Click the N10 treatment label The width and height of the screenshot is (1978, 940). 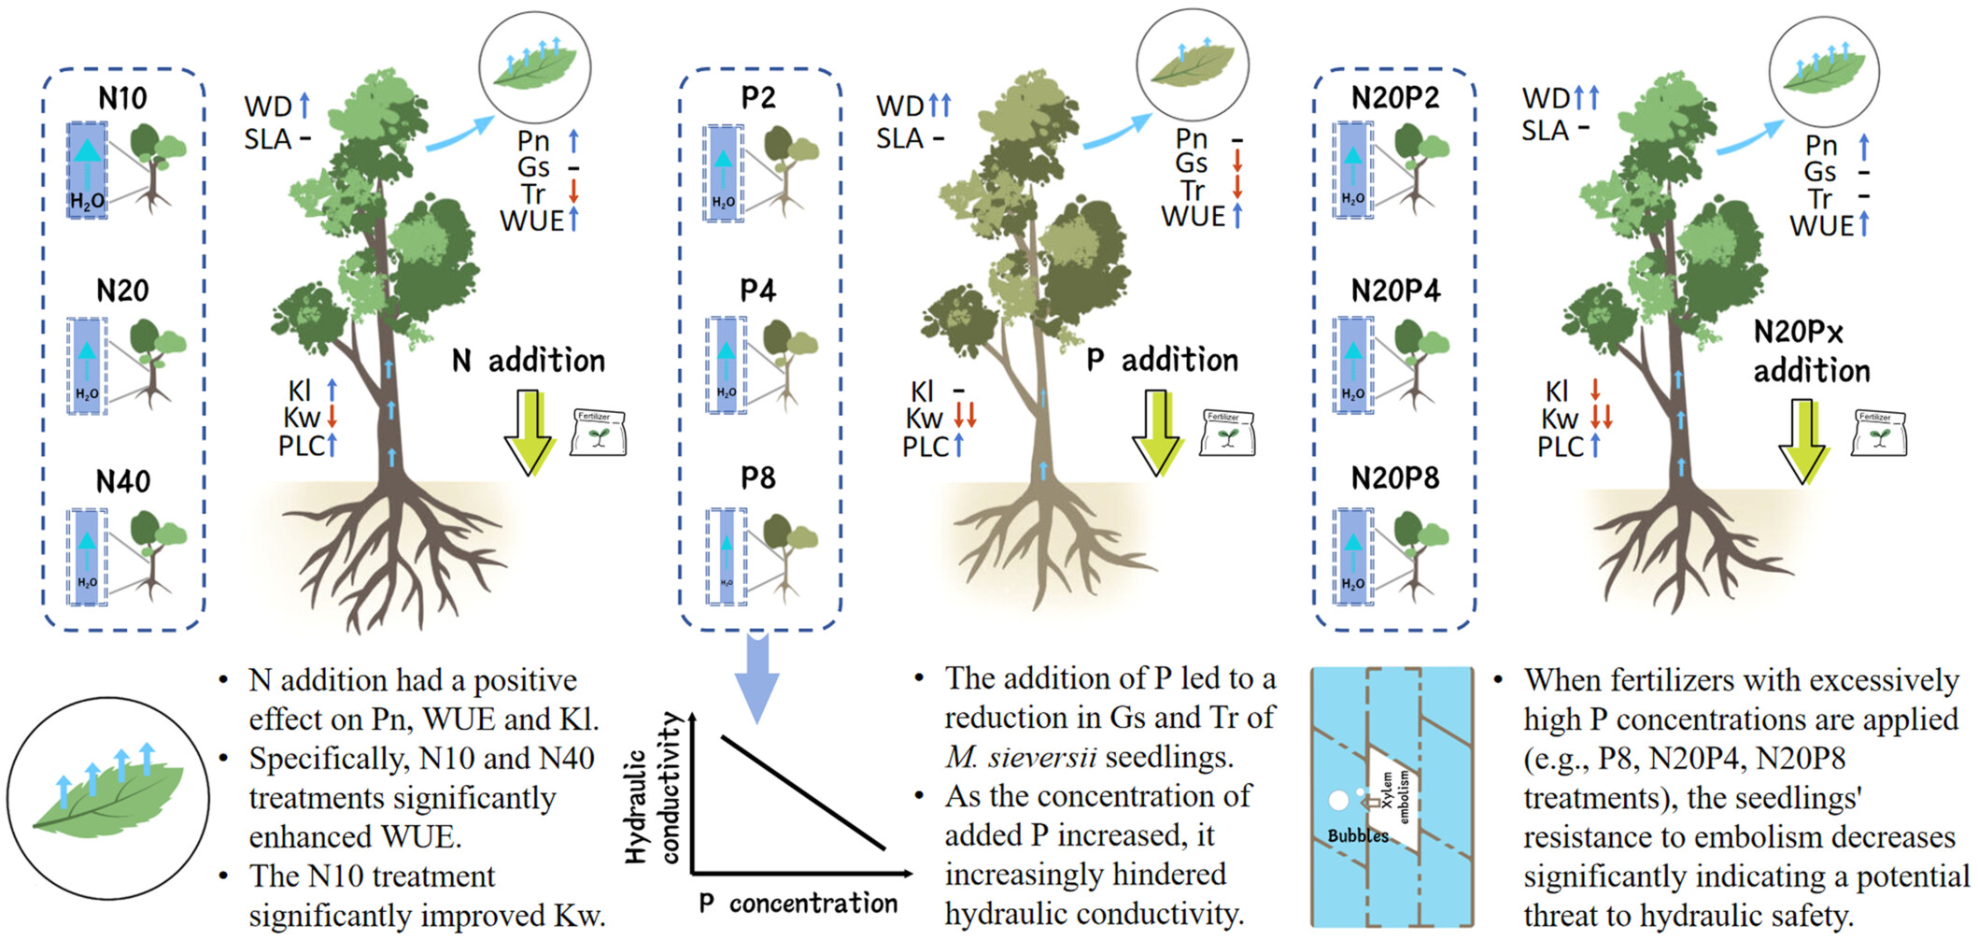pos(122,98)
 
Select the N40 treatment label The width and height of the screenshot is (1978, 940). pos(122,481)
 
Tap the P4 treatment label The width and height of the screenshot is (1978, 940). pos(757,291)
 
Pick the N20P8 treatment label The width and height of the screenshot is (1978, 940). pos(1395,478)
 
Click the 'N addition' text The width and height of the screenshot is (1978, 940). pos(529,361)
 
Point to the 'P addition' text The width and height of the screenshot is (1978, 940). pos(1163,360)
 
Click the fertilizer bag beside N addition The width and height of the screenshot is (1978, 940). pos(598,433)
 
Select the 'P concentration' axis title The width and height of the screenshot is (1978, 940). pos(798,904)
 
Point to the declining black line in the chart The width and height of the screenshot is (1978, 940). pos(803,793)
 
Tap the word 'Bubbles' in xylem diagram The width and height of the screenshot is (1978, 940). pos(1358,835)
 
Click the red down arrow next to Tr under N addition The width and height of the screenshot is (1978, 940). pos(573,192)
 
